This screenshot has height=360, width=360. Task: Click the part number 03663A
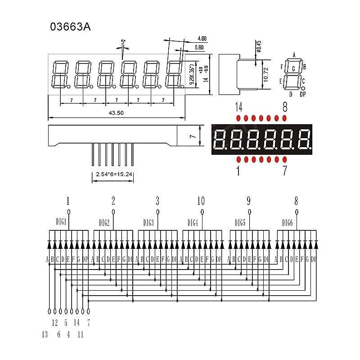70,27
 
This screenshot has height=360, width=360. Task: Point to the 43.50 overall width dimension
116,113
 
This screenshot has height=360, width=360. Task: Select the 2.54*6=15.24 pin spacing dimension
112,174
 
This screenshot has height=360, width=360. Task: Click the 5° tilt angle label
123,42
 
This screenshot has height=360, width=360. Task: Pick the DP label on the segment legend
302,94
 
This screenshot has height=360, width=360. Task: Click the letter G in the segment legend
293,69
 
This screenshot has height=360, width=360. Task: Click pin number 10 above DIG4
201,201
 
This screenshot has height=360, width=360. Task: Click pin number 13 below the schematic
44,334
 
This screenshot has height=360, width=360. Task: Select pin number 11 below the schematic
80,334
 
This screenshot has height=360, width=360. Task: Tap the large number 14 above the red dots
239,107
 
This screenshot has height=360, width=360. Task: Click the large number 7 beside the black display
284,171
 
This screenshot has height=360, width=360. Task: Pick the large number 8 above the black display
284,107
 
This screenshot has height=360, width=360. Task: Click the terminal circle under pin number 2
113,212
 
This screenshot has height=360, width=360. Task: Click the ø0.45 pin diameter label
259,46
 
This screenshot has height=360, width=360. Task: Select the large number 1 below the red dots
238,171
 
